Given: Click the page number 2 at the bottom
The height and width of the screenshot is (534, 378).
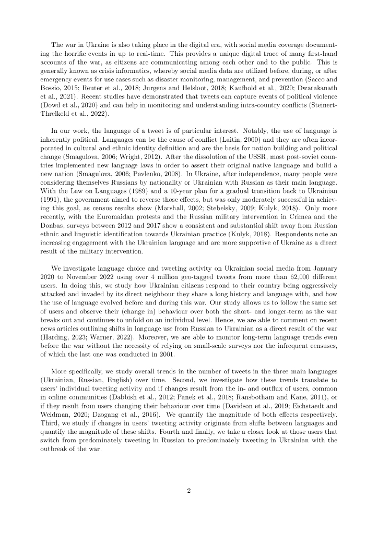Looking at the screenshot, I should [x=188, y=490].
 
